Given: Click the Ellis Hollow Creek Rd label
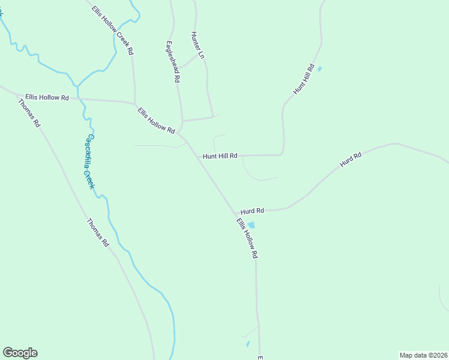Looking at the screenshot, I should tap(113, 31).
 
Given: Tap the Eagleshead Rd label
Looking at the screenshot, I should tap(172, 61).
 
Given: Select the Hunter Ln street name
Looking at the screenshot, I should tap(197, 45).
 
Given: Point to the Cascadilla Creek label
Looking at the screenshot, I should tap(89, 161).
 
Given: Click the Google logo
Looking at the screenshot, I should tap(20, 353).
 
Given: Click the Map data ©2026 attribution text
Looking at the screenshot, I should tap(423, 355).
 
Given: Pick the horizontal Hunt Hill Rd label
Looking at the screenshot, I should tap(220, 156).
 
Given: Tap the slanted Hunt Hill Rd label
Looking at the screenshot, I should tap(304, 79).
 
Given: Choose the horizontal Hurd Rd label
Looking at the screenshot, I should tap(252, 211).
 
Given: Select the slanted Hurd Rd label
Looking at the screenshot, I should tap(350, 160).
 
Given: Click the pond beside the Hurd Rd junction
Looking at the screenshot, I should tap(251, 225).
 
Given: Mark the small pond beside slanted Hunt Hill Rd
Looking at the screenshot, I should tap(319, 69).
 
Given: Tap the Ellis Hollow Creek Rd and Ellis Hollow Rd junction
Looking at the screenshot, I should tap(134, 103).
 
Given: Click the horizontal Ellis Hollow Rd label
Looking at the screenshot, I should tap(47, 97).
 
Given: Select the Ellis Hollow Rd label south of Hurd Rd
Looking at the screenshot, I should tap(247, 238).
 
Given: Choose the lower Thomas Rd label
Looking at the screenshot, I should tap(97, 233).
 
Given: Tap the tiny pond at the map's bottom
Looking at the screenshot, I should tap(247, 344).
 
